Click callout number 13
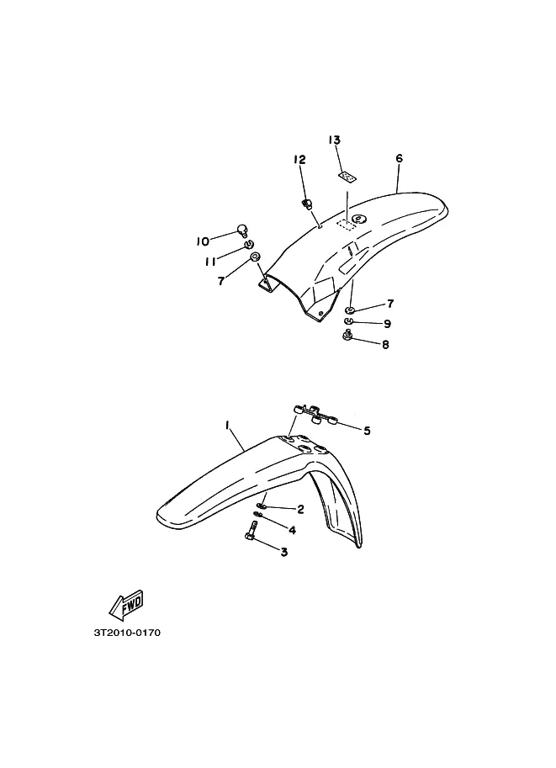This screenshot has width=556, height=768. tap(334, 140)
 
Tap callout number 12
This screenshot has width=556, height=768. tap(299, 160)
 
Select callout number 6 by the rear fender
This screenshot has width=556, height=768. tap(400, 158)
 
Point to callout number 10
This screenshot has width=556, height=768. tap(203, 241)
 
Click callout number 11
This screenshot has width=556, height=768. tap(210, 262)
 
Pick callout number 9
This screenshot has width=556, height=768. tap(387, 324)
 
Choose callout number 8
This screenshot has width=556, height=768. tap(385, 344)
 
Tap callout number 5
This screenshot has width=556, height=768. tap(367, 431)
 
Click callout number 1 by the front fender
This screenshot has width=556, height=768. tap(227, 426)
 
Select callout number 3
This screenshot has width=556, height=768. tap(283, 552)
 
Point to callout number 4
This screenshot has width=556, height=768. tap(292, 530)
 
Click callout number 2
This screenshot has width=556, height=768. tap(300, 510)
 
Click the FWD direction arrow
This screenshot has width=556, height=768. tap(126, 602)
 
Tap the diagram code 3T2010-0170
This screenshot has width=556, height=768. tap(127, 633)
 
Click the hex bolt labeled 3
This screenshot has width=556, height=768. tap(251, 531)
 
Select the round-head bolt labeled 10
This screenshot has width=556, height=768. tap(242, 229)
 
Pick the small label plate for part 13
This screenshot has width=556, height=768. tap(347, 177)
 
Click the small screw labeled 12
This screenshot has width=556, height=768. tap(308, 203)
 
